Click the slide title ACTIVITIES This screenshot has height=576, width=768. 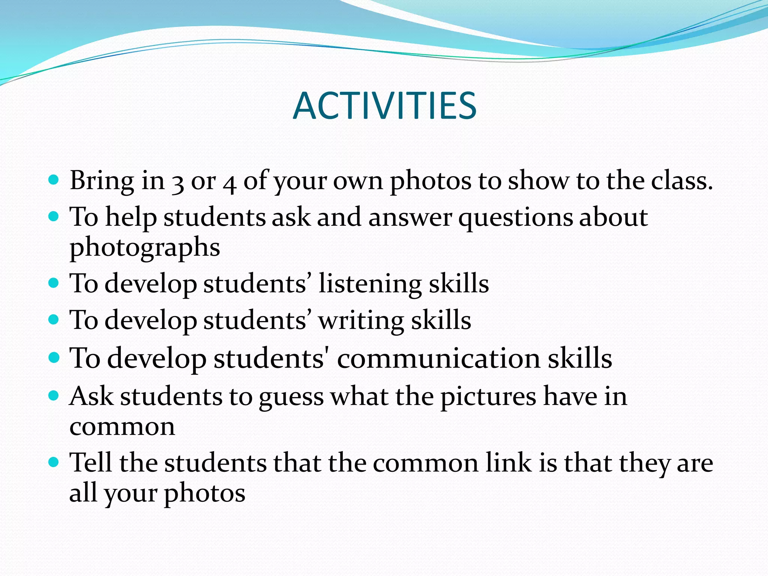384,106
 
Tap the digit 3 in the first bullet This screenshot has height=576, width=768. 177,183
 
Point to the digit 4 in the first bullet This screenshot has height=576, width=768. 229,183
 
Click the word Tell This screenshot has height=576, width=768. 91,462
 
